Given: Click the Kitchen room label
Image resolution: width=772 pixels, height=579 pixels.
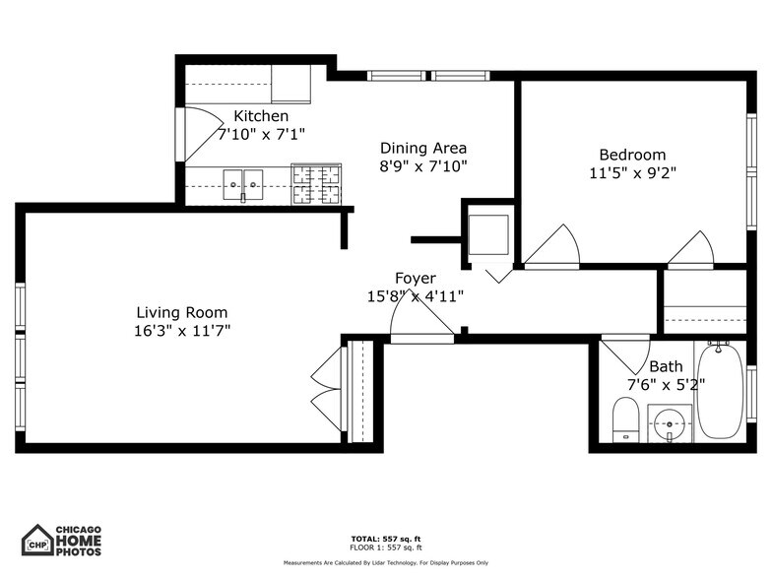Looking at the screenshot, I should tap(261, 116).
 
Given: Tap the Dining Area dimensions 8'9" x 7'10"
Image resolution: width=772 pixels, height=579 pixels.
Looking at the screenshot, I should tap(423, 166).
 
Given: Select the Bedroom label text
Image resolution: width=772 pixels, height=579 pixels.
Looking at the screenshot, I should tap(632, 155).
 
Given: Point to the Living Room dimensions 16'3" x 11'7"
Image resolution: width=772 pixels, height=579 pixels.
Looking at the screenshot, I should tap(182, 331).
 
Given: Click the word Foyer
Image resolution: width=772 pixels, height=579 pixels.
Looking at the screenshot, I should tap(415, 279).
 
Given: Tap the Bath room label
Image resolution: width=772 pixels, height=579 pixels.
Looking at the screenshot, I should tap(666, 366).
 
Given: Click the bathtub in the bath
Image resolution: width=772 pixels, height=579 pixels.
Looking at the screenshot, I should tap(721, 391).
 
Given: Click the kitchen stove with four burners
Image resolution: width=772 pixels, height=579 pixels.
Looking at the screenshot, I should tap(316, 183).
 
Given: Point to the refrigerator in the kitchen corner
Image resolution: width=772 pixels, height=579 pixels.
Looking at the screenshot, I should tap(291, 85).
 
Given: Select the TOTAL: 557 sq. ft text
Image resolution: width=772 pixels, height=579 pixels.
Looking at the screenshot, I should tap(385, 539).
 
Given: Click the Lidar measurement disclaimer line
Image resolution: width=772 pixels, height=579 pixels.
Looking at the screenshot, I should tap(385, 562).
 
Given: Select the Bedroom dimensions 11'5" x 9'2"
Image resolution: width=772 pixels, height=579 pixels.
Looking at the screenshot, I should tap(632, 172).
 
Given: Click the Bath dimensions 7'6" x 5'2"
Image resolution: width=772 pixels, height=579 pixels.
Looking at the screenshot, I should tap(666, 384).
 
